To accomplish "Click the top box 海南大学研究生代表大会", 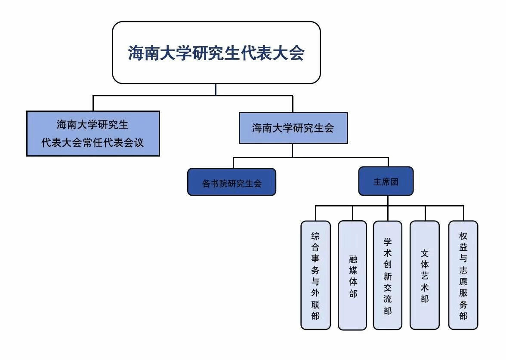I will [216, 52].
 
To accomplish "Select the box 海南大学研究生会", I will [293, 128].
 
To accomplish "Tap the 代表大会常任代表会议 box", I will [93, 133].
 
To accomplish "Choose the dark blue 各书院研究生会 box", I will [231, 182].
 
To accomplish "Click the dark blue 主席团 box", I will [386, 181].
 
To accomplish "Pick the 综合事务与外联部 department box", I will [315, 275].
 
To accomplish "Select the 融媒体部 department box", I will [352, 275].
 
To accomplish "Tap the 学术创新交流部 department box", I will [388, 275].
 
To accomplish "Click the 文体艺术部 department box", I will [425, 275].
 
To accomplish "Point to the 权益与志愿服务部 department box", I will [463, 275].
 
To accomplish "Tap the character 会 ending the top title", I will [296, 53].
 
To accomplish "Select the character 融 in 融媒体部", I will [353, 259].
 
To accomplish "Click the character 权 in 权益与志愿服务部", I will [463, 236].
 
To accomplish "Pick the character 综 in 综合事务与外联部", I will [315, 236].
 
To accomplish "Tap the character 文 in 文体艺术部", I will [425, 252].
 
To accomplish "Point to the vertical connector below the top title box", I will [216, 89].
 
